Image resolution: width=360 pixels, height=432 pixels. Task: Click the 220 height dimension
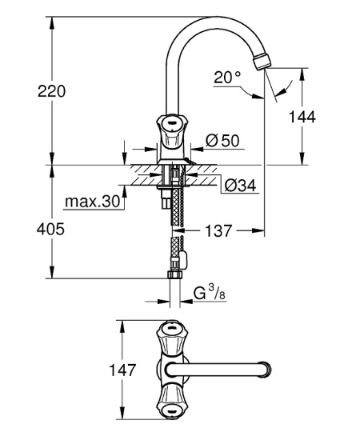pyautogui.click(x=51, y=91)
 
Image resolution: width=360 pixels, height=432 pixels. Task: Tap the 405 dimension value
pyautogui.click(x=50, y=229)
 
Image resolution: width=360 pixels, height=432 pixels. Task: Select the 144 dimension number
pyautogui.click(x=302, y=117)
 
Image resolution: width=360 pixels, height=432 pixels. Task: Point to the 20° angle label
pyautogui.click(x=227, y=77)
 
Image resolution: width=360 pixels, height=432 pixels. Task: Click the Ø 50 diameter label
pyautogui.click(x=222, y=141)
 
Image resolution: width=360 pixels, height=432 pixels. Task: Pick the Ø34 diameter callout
pyautogui.click(x=240, y=186)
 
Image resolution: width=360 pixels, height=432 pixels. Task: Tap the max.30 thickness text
pyautogui.click(x=93, y=202)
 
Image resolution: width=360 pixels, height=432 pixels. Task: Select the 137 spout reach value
pyautogui.click(x=218, y=230)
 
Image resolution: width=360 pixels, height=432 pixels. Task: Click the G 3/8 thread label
pyautogui.click(x=210, y=293)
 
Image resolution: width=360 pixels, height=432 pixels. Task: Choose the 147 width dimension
pyautogui.click(x=122, y=370)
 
